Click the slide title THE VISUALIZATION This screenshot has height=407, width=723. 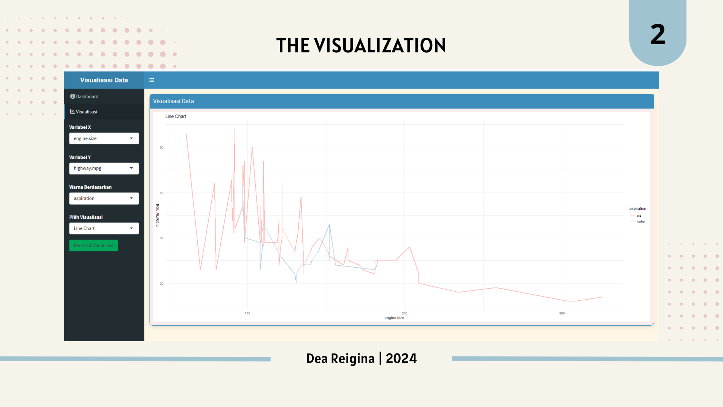click(361, 46)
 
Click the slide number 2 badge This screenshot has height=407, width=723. click(657, 35)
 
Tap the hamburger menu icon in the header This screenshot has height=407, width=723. click(152, 80)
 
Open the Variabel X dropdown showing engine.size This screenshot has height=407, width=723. click(104, 138)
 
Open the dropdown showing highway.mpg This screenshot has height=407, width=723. click(104, 168)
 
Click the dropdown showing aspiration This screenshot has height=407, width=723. click(104, 199)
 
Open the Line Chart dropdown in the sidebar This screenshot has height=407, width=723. click(104, 228)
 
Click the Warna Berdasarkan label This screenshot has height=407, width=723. click(90, 187)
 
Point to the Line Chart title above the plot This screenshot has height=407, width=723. click(175, 116)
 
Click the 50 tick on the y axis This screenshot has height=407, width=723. click(162, 148)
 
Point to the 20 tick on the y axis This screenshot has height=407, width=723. click(162, 284)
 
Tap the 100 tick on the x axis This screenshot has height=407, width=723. click(247, 314)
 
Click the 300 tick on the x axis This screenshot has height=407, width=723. click(562, 314)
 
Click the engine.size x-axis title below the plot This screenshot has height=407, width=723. click(394, 318)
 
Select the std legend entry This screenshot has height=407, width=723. click(639, 216)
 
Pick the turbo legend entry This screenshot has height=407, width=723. click(640, 222)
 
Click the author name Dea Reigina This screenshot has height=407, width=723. click(340, 358)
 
